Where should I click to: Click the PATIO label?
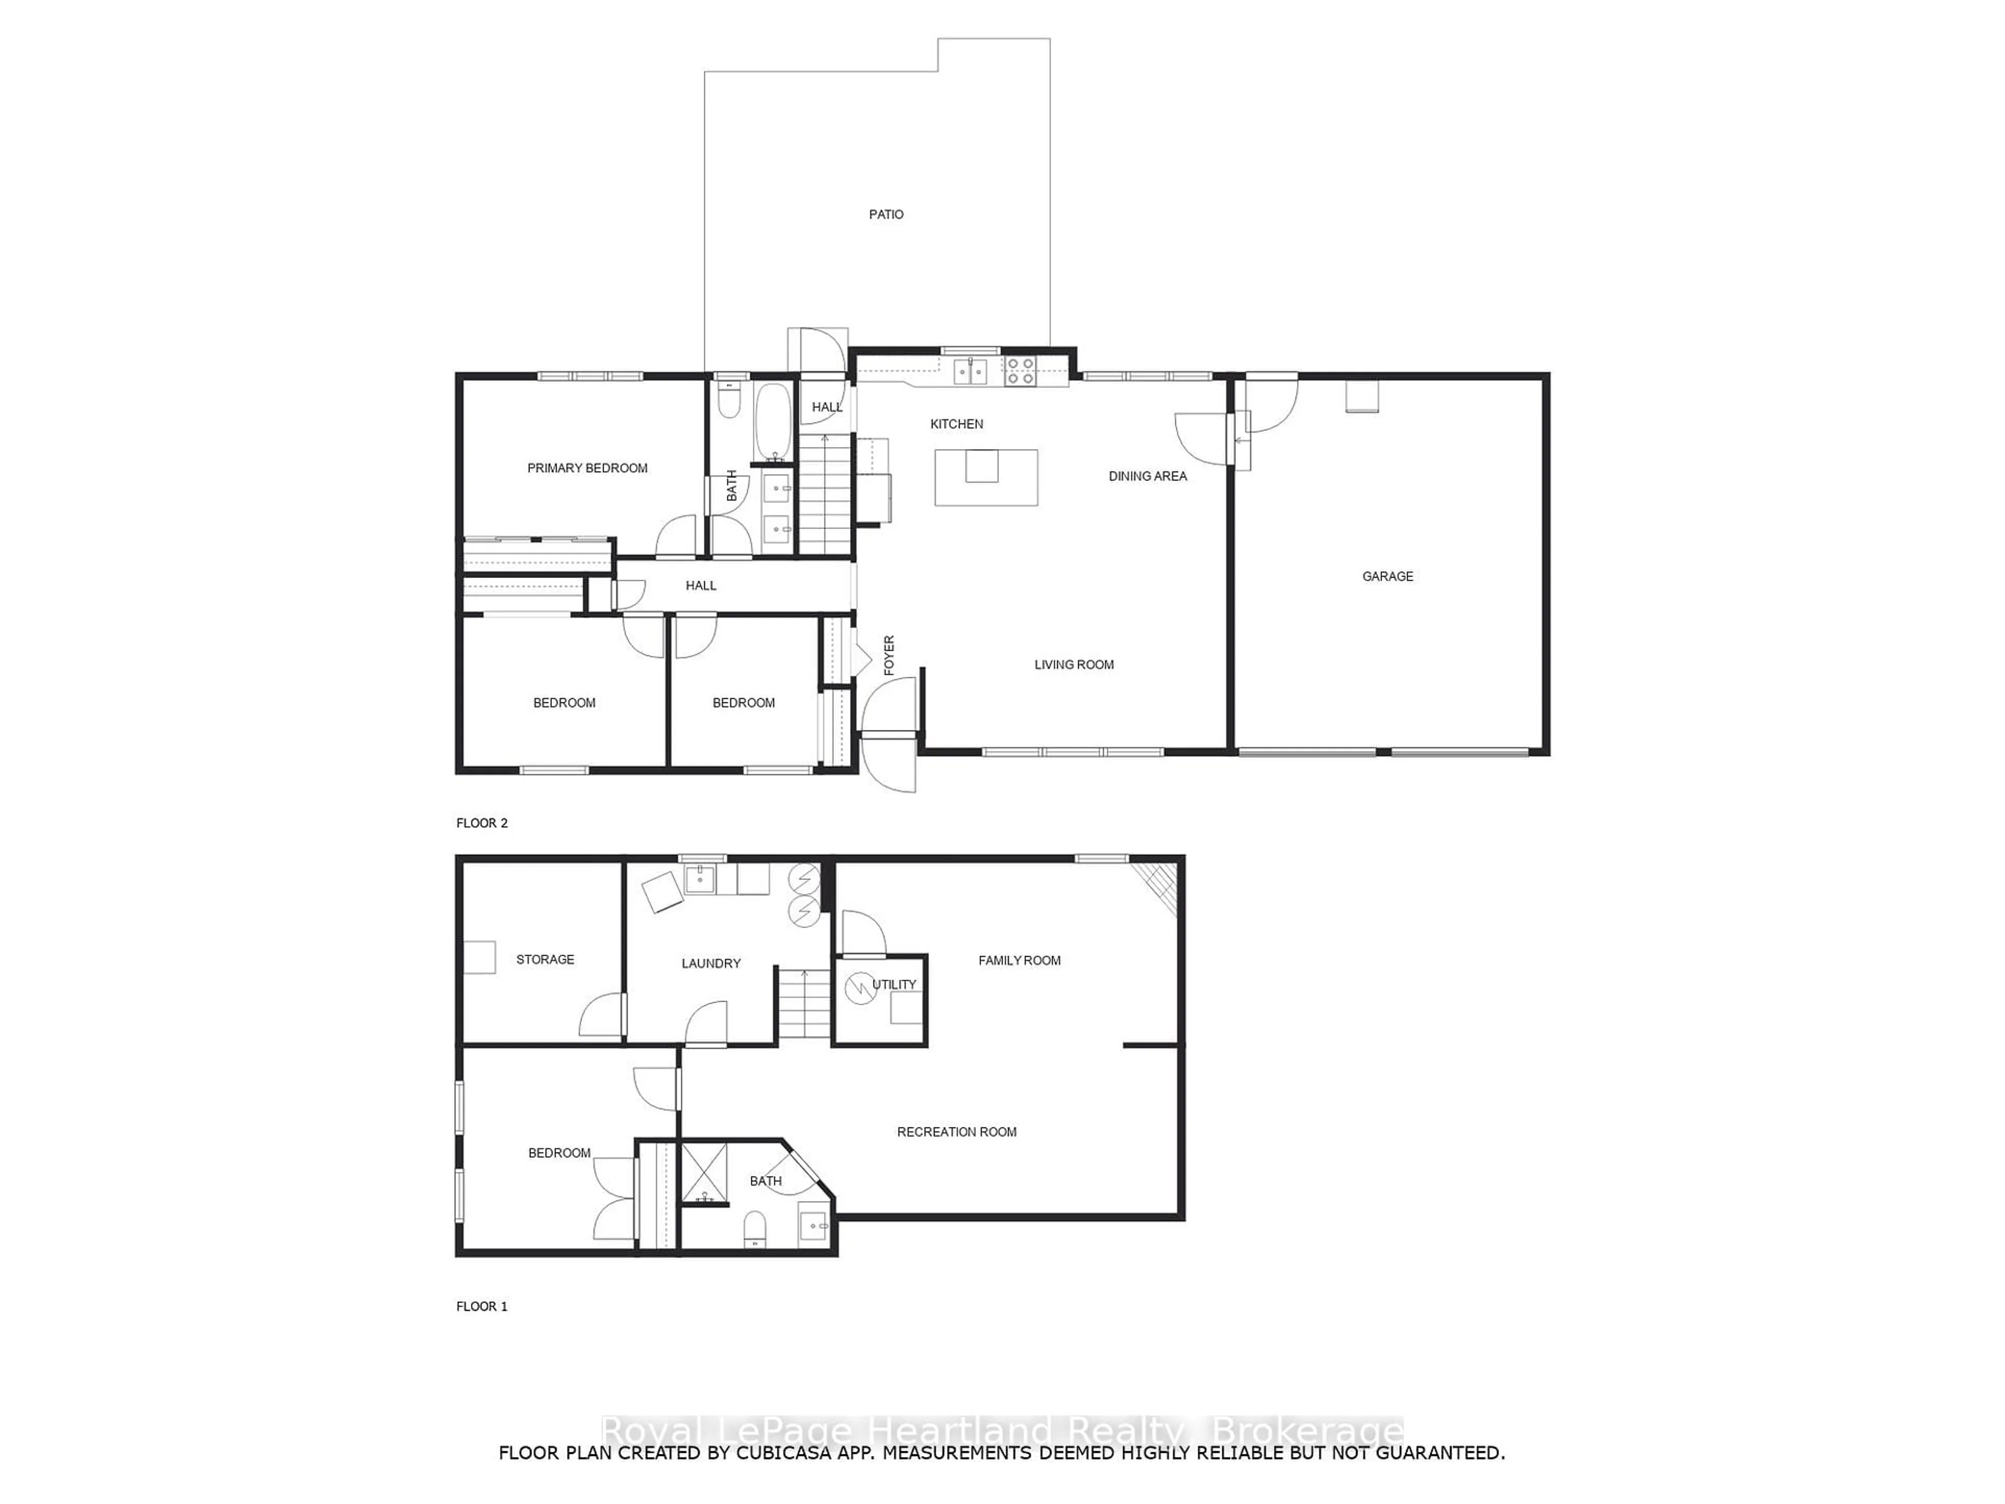[886, 215]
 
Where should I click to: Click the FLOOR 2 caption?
[481, 823]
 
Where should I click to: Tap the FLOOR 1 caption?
[481, 1307]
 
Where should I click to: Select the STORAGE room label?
[545, 960]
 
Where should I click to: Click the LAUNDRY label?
[711, 964]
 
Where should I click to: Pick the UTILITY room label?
[894, 984]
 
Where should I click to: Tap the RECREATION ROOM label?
[956, 1132]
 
